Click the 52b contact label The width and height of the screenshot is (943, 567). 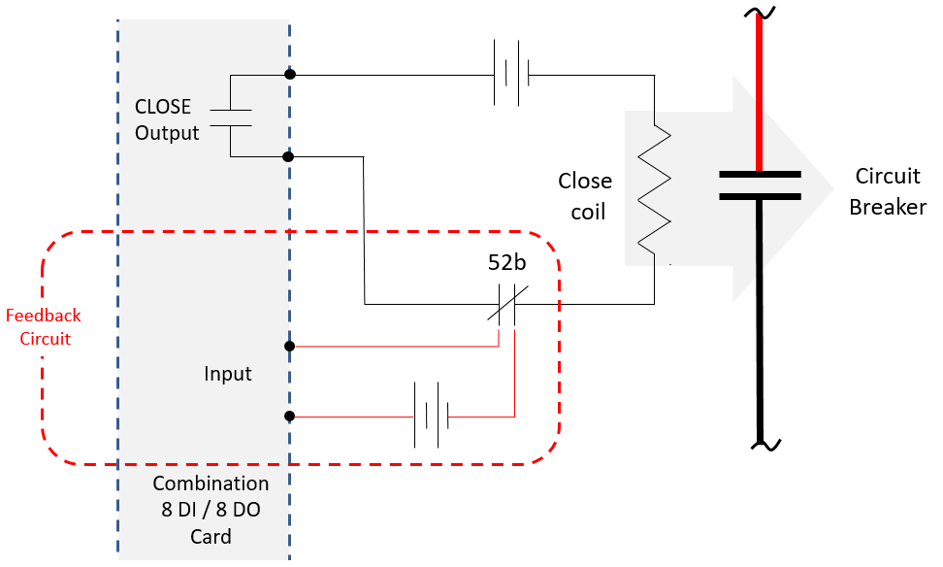pyautogui.click(x=507, y=262)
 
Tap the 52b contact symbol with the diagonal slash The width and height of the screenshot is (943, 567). pyautogui.click(x=507, y=305)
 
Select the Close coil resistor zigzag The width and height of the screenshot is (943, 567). pyautogui.click(x=654, y=189)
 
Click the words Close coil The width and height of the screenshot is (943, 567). pyautogui.click(x=585, y=196)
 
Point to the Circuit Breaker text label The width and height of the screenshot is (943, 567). pyautogui.click(x=888, y=191)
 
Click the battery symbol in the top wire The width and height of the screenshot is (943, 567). pyautogui.click(x=511, y=74)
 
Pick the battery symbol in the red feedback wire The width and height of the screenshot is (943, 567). pyautogui.click(x=431, y=416)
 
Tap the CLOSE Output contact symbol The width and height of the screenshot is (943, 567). pyautogui.click(x=230, y=118)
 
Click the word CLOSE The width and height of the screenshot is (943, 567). pyautogui.click(x=162, y=107)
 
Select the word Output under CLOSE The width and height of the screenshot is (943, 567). pyautogui.click(x=167, y=133)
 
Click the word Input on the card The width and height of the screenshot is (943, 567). pyautogui.click(x=227, y=374)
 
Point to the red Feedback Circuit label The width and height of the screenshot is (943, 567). pyautogui.click(x=44, y=327)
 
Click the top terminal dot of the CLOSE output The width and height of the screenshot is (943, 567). pyautogui.click(x=290, y=74)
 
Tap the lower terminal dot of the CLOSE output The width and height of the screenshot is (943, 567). pyautogui.click(x=289, y=156)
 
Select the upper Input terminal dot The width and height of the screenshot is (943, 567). pyautogui.click(x=289, y=346)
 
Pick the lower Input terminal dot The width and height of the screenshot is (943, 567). pyautogui.click(x=289, y=416)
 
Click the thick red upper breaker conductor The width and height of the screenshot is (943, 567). pyautogui.click(x=759, y=92)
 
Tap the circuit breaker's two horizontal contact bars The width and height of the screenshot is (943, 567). pyautogui.click(x=761, y=185)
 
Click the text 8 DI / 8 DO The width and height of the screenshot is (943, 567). pyautogui.click(x=211, y=510)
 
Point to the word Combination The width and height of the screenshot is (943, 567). pyautogui.click(x=211, y=484)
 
